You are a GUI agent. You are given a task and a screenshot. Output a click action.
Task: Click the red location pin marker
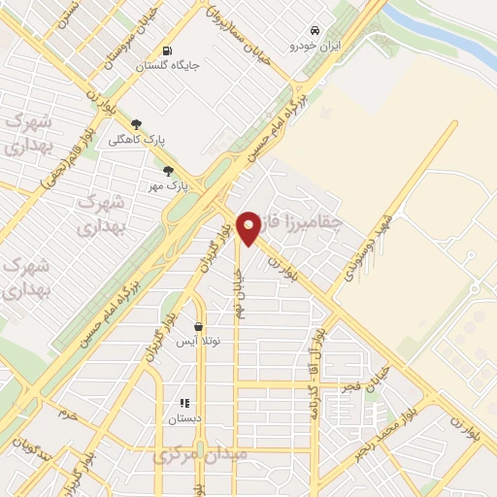coord(249,229)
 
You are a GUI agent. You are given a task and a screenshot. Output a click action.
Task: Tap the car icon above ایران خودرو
coord(313,29)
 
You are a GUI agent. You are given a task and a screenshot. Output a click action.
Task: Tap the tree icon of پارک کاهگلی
coord(136,124)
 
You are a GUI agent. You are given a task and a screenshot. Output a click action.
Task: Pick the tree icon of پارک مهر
coord(168,171)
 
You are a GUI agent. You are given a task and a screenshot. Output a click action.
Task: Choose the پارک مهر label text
coord(167,184)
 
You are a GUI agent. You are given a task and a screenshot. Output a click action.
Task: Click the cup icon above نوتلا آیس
coord(199,327)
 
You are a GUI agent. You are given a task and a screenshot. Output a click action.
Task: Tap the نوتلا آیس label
coord(198,342)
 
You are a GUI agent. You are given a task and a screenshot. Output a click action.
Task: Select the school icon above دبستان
coord(184,403)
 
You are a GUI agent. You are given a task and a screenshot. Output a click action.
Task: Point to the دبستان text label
coord(184,417)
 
